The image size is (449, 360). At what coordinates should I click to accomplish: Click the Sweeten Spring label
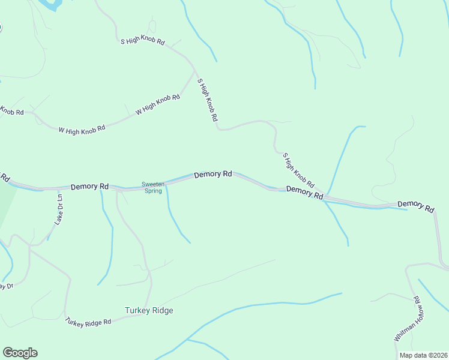(152, 187)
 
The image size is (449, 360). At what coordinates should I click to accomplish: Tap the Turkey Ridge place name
(149, 310)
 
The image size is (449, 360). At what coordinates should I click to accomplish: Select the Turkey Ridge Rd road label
(89, 322)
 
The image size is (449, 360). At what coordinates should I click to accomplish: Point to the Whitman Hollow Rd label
(410, 319)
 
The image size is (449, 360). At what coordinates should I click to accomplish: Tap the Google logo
(20, 353)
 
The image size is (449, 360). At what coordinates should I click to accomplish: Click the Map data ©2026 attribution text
(423, 355)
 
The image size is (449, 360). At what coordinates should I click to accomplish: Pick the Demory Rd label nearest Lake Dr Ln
(89, 187)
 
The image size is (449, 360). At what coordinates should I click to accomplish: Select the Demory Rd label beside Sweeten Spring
(212, 174)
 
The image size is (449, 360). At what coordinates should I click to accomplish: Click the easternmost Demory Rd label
(415, 206)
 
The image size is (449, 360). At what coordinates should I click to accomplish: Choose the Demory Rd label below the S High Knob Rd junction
(304, 192)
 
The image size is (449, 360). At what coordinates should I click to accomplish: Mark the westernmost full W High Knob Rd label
(82, 128)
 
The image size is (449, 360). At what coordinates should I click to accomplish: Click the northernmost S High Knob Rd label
(142, 41)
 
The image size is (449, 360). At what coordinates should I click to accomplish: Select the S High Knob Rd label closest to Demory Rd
(298, 170)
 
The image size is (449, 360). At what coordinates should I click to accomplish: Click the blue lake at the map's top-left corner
(49, 4)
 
